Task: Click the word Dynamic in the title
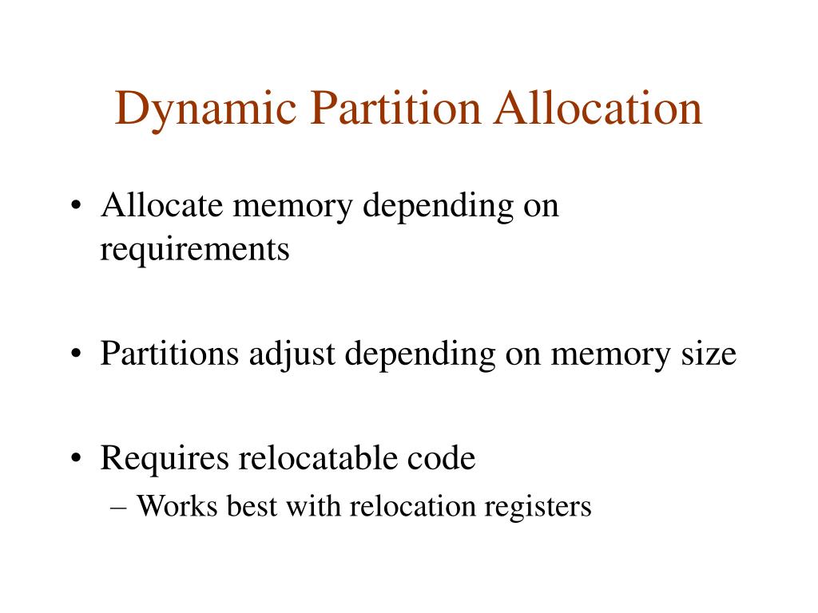[205, 110]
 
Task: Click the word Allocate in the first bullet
[162, 205]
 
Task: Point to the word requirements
[195, 250]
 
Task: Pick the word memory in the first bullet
[292, 208]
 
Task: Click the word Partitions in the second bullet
[169, 354]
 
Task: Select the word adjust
[292, 355]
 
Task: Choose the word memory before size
[610, 357]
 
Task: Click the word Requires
[165, 459]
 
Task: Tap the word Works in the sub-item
[177, 505]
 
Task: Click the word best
[252, 505]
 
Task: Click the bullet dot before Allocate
[76, 205]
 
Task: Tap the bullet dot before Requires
[76, 458]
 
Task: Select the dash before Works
[119, 507]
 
